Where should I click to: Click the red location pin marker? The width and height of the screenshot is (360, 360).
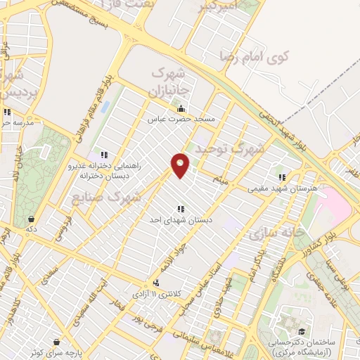[181, 165]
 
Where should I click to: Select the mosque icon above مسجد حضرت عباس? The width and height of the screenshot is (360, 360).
[181, 108]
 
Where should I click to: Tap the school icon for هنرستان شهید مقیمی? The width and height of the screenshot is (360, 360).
[282, 177]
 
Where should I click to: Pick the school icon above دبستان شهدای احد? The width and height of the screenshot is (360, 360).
[181, 208]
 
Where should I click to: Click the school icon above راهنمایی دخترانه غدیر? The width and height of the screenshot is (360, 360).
[104, 155]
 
